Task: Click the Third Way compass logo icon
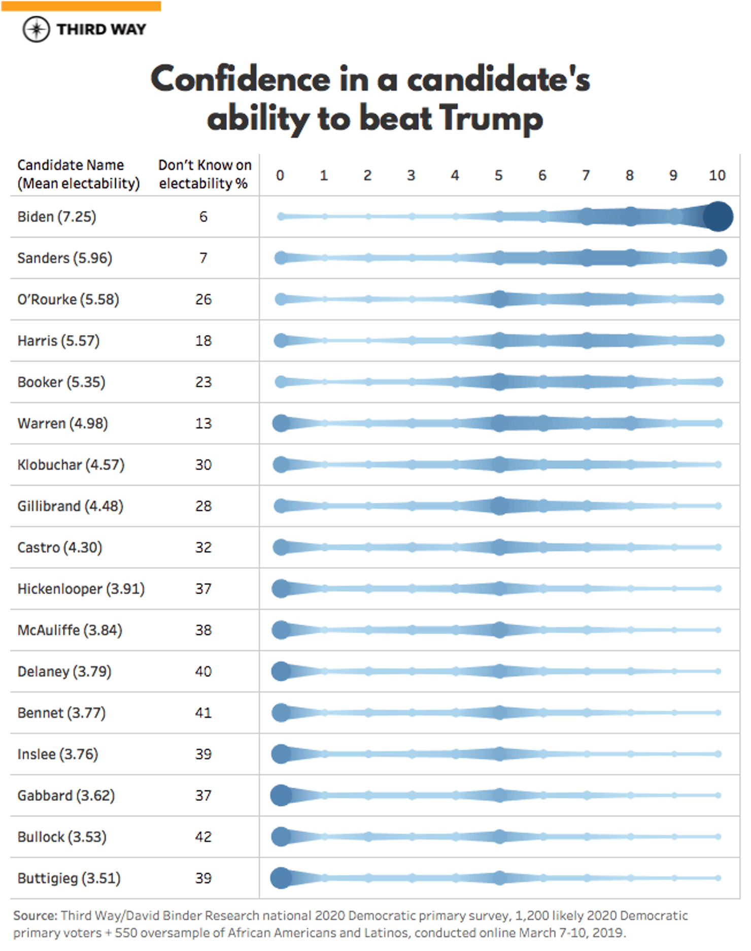click(36, 29)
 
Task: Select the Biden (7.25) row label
click(56, 217)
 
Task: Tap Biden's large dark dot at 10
click(718, 216)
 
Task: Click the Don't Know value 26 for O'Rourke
click(203, 300)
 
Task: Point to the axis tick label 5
click(498, 175)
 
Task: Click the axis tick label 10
click(716, 175)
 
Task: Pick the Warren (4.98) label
click(62, 423)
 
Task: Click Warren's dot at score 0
click(281, 423)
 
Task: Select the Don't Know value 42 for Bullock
click(203, 837)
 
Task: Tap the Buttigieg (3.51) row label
click(69, 878)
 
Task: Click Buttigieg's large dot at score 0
click(281, 878)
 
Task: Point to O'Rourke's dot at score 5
click(499, 299)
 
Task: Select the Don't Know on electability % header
click(204, 174)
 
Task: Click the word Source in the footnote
click(35, 916)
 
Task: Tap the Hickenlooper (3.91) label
click(81, 589)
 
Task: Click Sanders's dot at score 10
click(718, 258)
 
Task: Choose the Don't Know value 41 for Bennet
click(203, 713)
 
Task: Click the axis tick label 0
click(280, 175)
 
